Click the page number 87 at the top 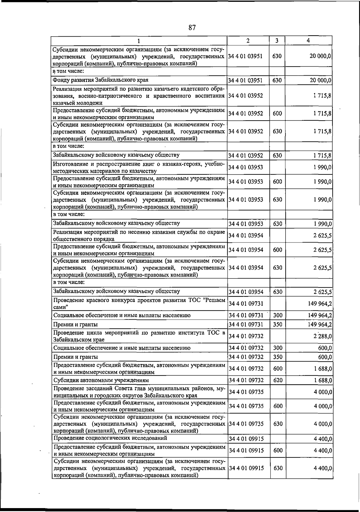192,28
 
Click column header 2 248,41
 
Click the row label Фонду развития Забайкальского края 100,80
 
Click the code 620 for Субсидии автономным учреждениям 278,380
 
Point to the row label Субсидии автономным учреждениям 101,380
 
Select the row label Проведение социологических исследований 110,438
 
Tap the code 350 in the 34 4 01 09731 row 278,324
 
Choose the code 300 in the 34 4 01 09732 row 278,348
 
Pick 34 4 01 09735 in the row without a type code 246,392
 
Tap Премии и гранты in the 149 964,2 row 75,324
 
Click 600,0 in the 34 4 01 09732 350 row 325,357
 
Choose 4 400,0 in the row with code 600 323,450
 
